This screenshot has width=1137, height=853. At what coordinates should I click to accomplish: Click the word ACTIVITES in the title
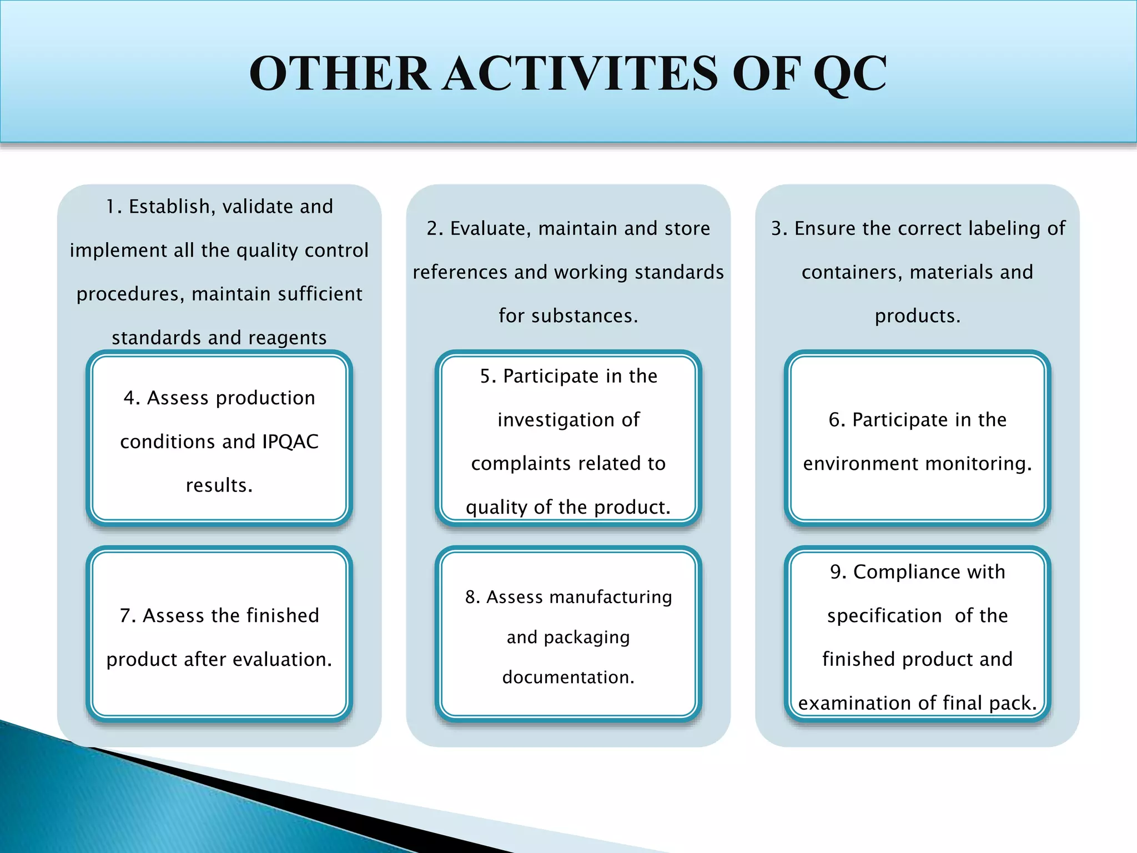[581, 74]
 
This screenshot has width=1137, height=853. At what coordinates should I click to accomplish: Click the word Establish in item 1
[169, 207]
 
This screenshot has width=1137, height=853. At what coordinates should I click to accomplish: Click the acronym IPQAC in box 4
[290, 441]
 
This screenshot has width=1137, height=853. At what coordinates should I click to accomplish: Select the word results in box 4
[218, 485]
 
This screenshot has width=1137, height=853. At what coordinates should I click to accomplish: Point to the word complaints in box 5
[515, 463]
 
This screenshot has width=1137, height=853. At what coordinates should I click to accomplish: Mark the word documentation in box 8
[567, 677]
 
